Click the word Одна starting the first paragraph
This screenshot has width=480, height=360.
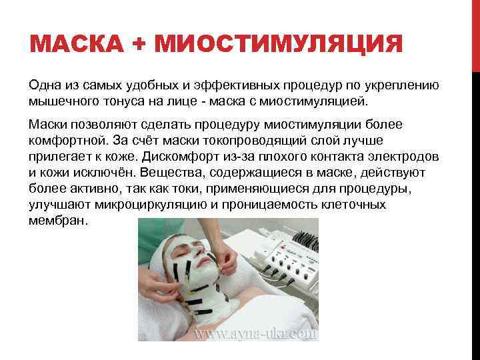point(46,85)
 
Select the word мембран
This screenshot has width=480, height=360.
point(58,221)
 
